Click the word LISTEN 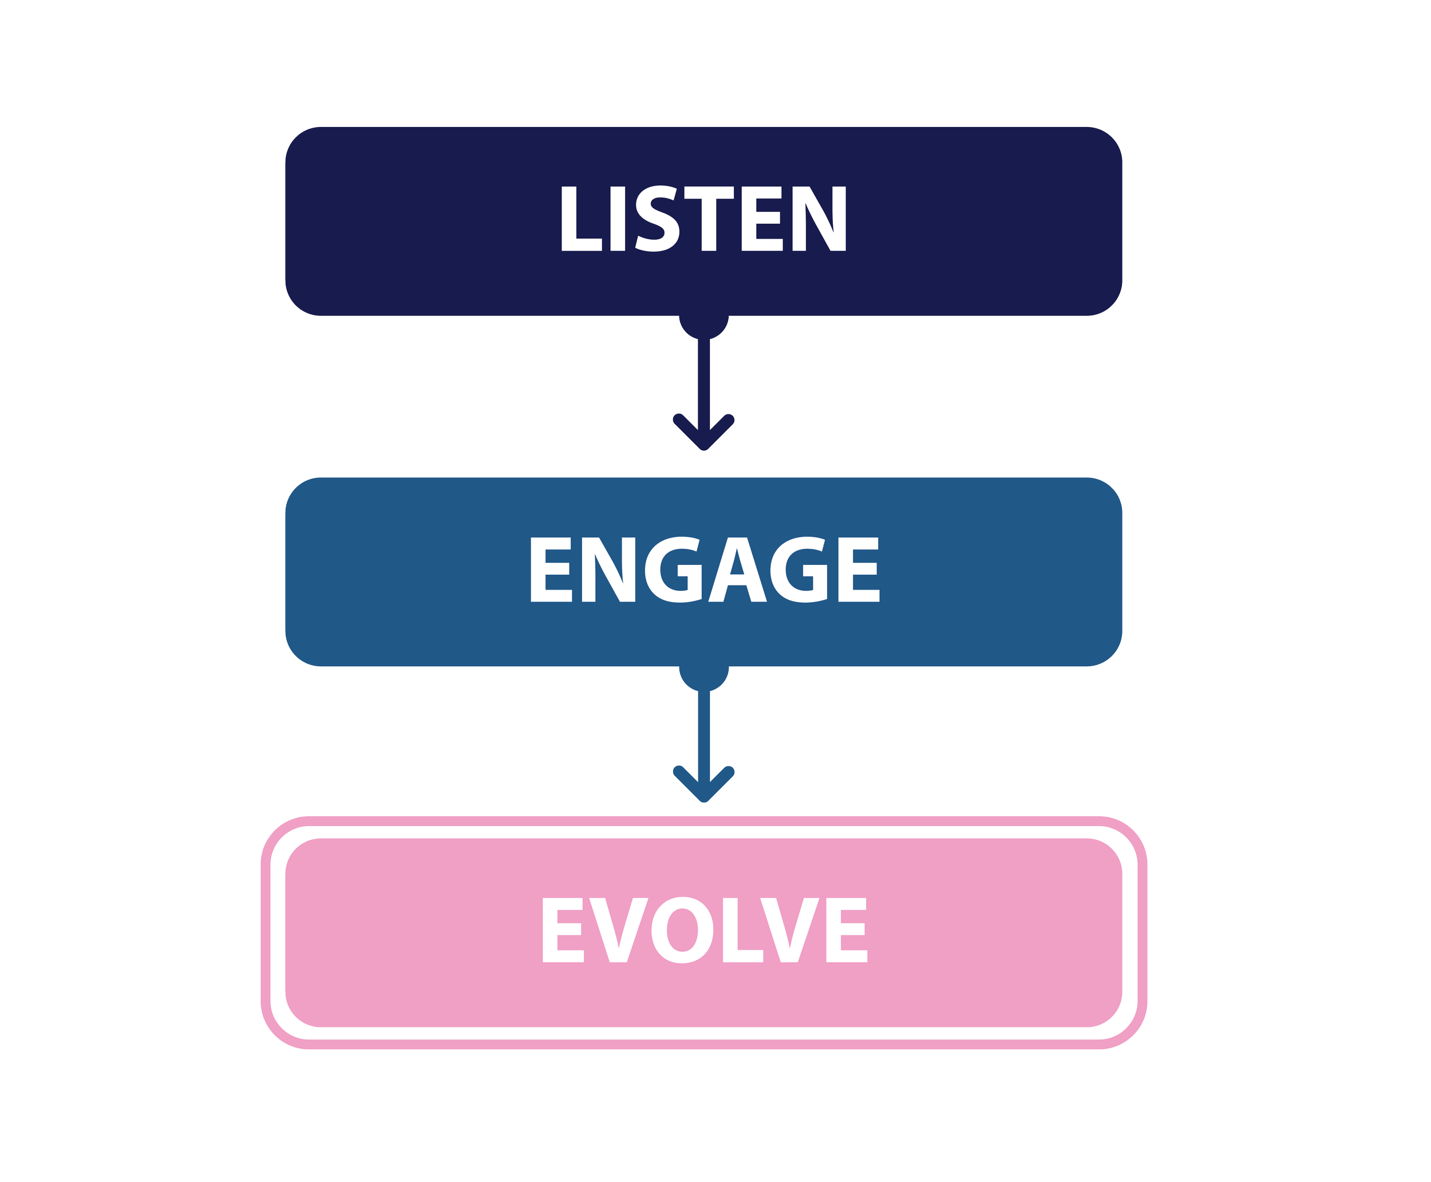pos(703,219)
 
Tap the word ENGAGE pos(704,570)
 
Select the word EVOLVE pos(704,930)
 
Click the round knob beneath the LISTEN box pos(704,326)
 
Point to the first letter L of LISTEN pos(579,219)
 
